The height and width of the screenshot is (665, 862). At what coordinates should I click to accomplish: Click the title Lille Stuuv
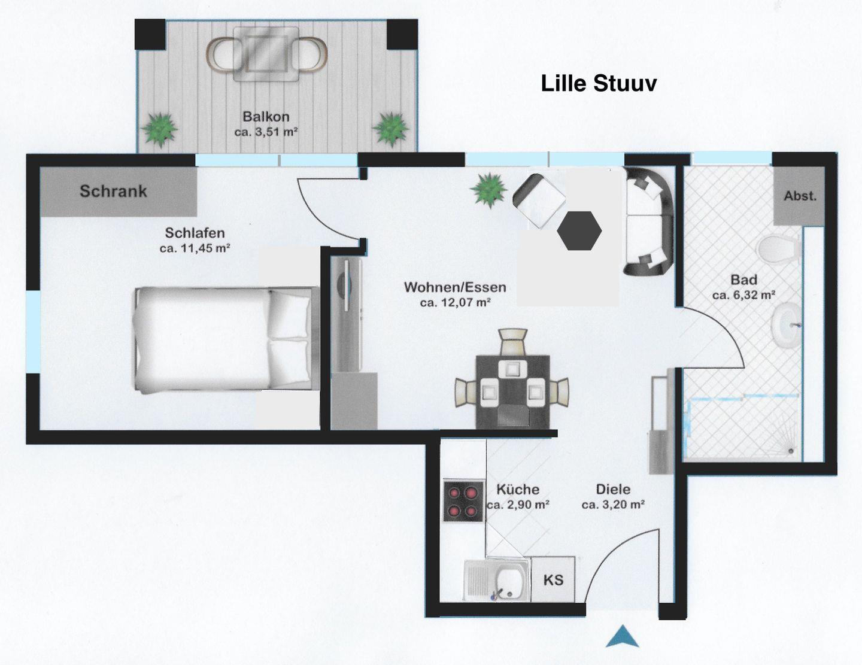(x=599, y=84)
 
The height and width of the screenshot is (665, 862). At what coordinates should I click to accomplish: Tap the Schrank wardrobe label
(x=114, y=191)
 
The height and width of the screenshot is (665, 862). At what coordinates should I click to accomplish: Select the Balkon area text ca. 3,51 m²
(x=266, y=132)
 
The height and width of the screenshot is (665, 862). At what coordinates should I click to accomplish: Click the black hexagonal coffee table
(x=579, y=230)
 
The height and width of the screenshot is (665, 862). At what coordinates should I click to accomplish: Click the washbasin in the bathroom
(x=786, y=325)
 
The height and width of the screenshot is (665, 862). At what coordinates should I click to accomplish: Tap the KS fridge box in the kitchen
(x=553, y=580)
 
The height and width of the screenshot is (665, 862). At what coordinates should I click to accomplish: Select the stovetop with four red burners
(x=463, y=501)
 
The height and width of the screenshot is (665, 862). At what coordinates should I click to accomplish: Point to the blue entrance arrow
(x=623, y=636)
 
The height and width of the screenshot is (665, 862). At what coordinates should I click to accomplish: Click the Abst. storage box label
(x=800, y=196)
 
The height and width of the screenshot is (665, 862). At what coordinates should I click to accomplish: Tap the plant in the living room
(x=488, y=190)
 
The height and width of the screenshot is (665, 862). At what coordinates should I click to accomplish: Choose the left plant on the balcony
(x=159, y=129)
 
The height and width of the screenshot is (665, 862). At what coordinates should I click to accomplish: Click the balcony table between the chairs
(x=266, y=54)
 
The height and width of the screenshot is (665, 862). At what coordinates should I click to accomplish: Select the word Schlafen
(x=195, y=233)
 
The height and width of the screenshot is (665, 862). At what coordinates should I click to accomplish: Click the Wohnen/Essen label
(x=455, y=287)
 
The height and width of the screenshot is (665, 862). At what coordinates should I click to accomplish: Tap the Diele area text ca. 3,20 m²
(x=613, y=505)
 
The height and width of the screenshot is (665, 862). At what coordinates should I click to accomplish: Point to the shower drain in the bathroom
(x=791, y=451)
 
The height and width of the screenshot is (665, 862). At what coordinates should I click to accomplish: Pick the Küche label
(x=518, y=490)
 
